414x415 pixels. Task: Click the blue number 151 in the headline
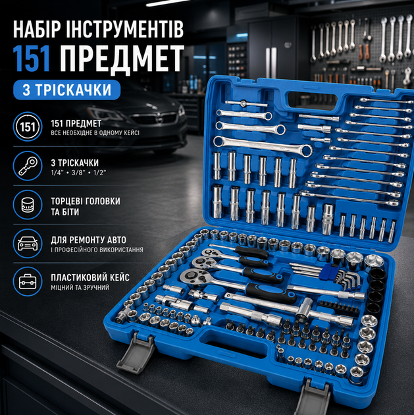pyautogui.click(x=32, y=58)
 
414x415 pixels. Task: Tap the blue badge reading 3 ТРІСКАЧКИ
pyautogui.click(x=67, y=90)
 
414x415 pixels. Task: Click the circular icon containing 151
pyautogui.click(x=28, y=126)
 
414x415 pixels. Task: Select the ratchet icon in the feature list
pyautogui.click(x=28, y=166)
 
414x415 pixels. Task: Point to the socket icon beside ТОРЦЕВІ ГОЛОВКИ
pyautogui.click(x=28, y=205)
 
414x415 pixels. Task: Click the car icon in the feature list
pyautogui.click(x=28, y=244)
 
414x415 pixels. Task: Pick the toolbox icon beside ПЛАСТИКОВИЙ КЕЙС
pyautogui.click(x=28, y=281)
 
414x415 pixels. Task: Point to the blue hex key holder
pyautogui.click(x=328, y=273)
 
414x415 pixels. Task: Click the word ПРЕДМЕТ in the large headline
pyautogui.click(x=122, y=59)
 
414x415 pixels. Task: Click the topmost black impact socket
pyautogui.click(x=378, y=275)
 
